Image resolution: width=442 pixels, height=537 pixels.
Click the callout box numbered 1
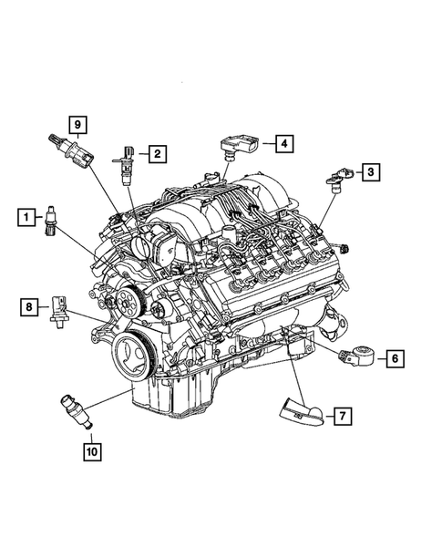28,216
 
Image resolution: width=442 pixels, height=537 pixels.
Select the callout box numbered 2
158,154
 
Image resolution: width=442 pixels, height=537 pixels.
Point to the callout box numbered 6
394,358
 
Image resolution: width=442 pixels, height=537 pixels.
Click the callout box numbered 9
79,123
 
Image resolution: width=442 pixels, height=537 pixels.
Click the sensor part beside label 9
71,151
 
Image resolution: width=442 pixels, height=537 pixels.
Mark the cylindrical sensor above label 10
76,410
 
